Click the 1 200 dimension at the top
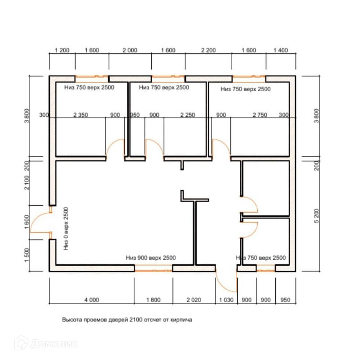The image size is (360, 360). pyautogui.click(x=62, y=50)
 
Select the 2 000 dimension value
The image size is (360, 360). pyautogui.click(x=130, y=50)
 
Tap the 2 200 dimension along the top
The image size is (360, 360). pyautogui.click(x=208, y=50)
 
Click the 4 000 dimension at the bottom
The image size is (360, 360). pyautogui.click(x=91, y=300)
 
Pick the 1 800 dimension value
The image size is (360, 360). pyautogui.click(x=153, y=300)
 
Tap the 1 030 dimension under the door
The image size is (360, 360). pyautogui.click(x=226, y=300)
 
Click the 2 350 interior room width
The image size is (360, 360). pyautogui.click(x=80, y=115)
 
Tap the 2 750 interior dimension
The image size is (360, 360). pyautogui.click(x=260, y=115)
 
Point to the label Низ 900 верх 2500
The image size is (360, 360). pyautogui.click(x=151, y=258)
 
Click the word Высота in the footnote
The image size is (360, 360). pyautogui.click(x=72, y=320)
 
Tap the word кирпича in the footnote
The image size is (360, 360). pyautogui.click(x=182, y=320)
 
